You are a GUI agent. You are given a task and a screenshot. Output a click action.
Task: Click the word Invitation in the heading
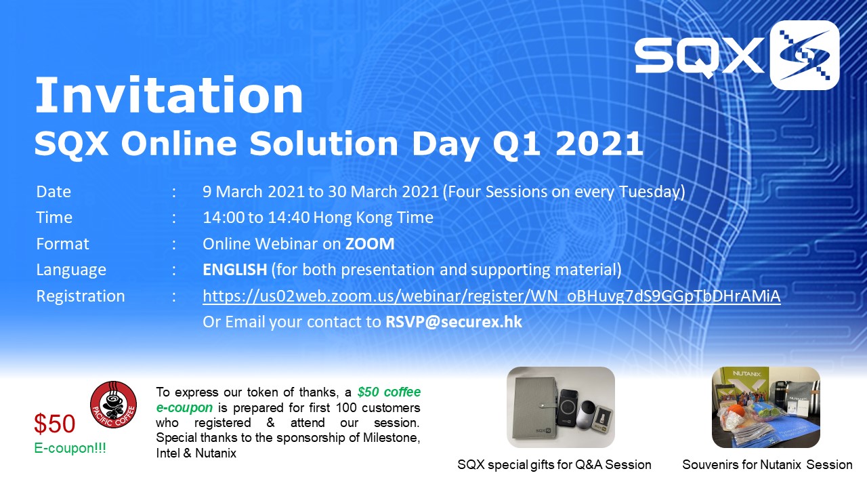169,96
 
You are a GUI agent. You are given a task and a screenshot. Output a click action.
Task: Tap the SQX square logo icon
804,56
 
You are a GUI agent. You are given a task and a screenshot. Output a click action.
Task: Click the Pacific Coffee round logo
113,405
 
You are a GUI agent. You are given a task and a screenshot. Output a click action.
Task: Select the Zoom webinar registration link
492,296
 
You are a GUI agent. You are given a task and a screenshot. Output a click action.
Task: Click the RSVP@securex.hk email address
454,322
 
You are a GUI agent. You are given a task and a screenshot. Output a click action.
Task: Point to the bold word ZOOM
370,244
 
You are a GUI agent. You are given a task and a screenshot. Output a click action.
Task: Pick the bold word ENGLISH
235,270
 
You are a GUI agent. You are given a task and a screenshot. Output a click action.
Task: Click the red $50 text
55,424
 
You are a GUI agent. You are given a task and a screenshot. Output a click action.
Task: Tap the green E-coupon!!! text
70,448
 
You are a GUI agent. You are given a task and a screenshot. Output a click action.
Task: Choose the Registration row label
81,296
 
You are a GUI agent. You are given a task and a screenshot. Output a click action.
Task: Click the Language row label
71,270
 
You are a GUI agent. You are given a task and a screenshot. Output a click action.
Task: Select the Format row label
62,244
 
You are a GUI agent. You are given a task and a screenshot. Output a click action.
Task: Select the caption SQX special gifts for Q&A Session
554,465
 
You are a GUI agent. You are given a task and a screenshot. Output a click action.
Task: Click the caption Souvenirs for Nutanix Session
767,465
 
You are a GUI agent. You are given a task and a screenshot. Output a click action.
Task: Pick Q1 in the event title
516,144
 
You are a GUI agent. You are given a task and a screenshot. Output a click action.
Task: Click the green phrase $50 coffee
389,392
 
